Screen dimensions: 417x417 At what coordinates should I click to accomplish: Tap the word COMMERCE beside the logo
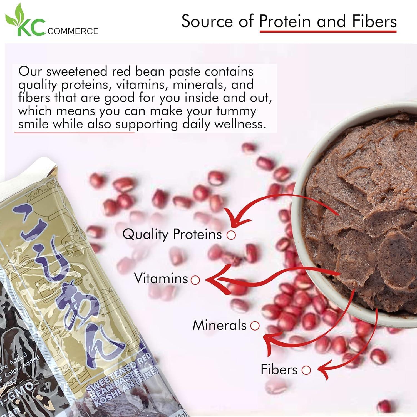coord(73,31)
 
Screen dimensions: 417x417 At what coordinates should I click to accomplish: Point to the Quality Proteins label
coord(172,234)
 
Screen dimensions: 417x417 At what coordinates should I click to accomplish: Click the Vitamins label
coord(161,278)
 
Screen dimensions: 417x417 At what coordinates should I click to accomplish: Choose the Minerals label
coord(220,325)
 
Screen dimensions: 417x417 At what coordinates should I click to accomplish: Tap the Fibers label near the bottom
coord(279,369)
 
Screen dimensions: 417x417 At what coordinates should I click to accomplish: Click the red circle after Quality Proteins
coord(231,235)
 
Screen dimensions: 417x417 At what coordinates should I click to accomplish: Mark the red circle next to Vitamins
coord(195,280)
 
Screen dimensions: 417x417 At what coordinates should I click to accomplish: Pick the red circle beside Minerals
coord(255,326)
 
